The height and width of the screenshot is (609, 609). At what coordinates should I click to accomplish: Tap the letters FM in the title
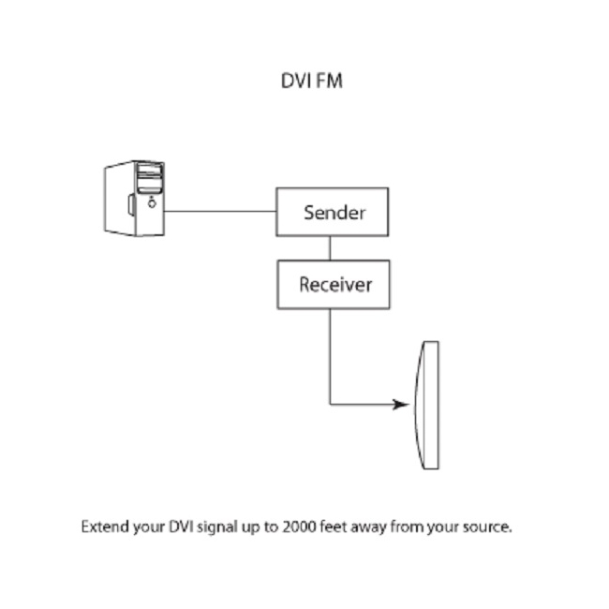330,81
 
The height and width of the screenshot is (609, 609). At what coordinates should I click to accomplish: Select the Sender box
332,212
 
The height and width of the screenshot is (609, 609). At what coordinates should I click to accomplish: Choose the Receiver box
332,284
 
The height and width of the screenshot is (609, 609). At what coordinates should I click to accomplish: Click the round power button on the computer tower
150,201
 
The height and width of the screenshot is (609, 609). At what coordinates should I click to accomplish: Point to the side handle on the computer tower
128,202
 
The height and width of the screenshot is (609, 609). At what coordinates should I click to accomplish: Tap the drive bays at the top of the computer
150,175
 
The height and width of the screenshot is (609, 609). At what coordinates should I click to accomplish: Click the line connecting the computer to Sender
219,211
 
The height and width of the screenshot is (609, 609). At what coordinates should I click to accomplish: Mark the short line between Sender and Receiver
330,248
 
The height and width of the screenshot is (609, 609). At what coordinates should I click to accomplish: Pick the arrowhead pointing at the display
402,405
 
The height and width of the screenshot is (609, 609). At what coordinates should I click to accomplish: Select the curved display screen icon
428,405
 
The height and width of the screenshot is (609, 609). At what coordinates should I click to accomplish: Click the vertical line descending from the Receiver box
330,356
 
